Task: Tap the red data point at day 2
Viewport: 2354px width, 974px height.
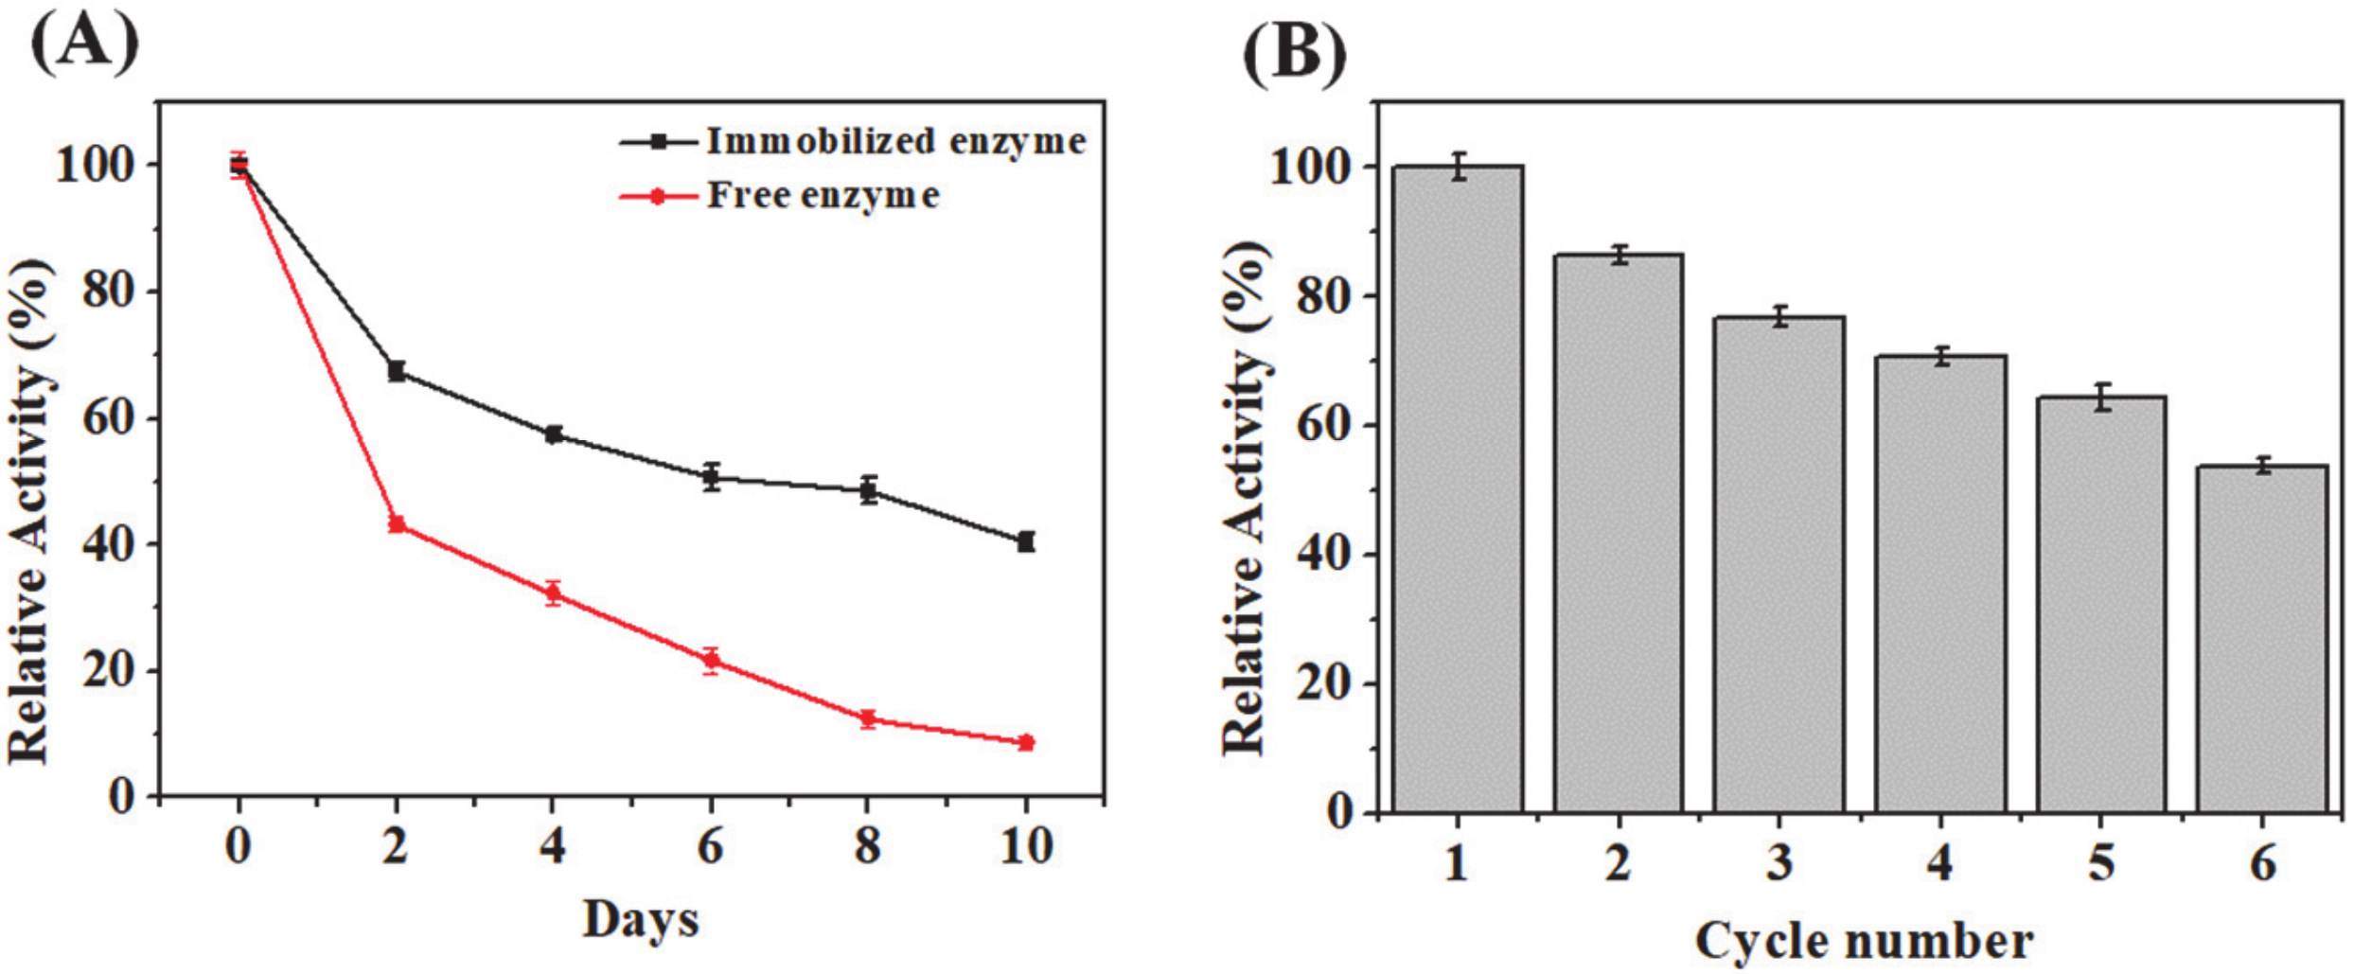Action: tap(397, 524)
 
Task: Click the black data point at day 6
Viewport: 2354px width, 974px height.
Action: tap(711, 477)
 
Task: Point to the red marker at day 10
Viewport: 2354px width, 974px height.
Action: tap(1025, 743)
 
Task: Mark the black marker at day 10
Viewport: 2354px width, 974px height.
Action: tap(1025, 541)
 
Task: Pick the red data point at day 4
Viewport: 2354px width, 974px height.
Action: tap(554, 593)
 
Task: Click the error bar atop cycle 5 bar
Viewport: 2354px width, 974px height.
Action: tap(2102, 398)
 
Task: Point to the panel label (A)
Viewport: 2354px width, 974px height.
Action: tap(85, 44)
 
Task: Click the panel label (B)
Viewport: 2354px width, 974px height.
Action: tap(1294, 54)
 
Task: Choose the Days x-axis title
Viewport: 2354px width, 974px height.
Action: tap(641, 919)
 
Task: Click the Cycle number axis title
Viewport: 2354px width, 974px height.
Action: tap(1863, 942)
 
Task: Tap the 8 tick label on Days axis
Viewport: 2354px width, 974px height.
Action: tap(867, 845)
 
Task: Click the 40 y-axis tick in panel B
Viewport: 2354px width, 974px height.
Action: tap(1323, 554)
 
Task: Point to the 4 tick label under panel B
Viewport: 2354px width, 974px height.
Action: tap(1940, 863)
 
